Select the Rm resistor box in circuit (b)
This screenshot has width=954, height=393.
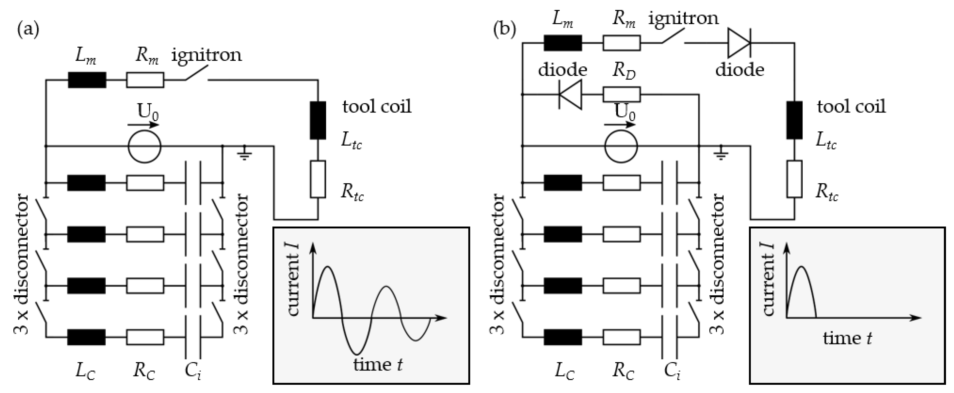pyautogui.click(x=622, y=43)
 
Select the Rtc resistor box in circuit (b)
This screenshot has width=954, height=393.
pyautogui.click(x=794, y=179)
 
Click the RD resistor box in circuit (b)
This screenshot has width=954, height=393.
pyautogui.click(x=622, y=95)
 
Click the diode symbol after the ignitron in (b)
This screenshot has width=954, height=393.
pyautogui.click(x=739, y=43)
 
